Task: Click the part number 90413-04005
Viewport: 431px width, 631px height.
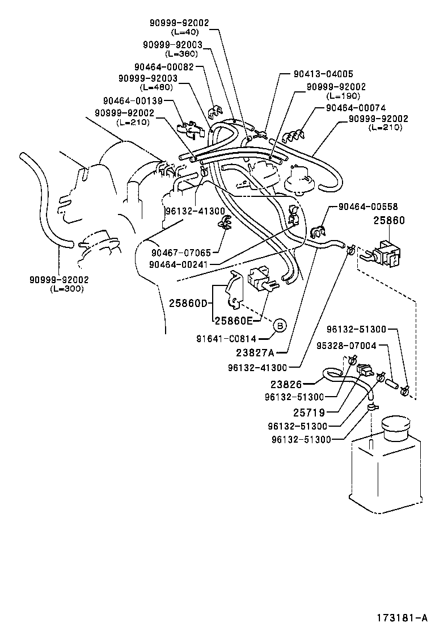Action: (323, 74)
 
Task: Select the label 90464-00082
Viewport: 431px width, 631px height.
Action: (164, 66)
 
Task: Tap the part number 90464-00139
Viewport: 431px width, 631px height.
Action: (133, 100)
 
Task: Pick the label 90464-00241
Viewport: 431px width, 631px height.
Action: (181, 263)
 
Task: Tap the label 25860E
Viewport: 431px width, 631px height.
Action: (233, 320)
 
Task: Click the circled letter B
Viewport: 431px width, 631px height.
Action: (280, 326)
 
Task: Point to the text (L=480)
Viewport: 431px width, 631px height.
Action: (156, 87)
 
